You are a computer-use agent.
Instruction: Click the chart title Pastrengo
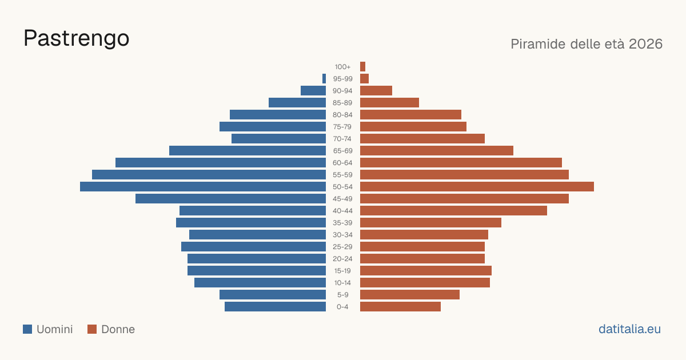[x=76, y=39]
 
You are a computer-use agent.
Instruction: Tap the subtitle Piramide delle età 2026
[x=587, y=44]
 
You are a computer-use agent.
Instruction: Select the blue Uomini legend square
[x=27, y=329]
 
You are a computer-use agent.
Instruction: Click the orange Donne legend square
[x=92, y=329]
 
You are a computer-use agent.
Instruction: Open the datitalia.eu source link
[x=629, y=329]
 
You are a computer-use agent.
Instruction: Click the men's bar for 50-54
[x=203, y=187]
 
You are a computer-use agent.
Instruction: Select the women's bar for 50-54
[x=477, y=187]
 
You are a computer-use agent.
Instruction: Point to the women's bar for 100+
[x=362, y=66]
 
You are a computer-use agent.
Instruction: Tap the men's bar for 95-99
[x=324, y=79]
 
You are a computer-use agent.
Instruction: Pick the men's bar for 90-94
[x=313, y=91]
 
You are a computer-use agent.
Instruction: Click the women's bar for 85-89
[x=389, y=102]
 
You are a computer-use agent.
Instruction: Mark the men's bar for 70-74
[x=279, y=139]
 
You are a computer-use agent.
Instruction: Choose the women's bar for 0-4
[x=400, y=307]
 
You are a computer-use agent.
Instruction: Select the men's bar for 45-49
[x=230, y=199]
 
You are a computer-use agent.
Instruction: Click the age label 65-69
[x=342, y=151]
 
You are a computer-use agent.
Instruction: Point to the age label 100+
[x=342, y=67]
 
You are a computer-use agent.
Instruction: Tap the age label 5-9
[x=342, y=295]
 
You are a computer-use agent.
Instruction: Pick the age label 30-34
[x=342, y=235]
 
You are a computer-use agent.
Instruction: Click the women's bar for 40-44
[x=453, y=211]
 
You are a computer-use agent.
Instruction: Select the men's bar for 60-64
[x=221, y=162]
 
